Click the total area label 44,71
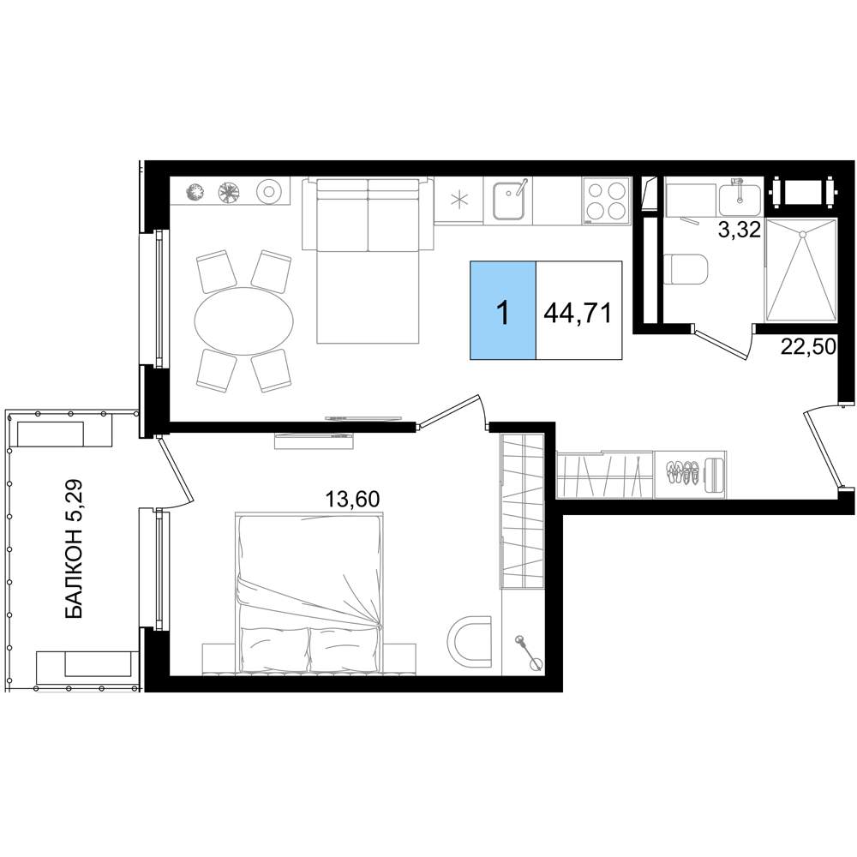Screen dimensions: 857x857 pos(578,313)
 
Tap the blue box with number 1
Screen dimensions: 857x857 pos(503,310)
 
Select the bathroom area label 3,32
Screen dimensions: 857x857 pos(740,230)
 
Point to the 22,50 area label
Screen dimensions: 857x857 pos(808,346)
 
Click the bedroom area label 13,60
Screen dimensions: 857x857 pos(352,499)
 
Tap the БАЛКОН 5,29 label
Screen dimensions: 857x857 pos(74,548)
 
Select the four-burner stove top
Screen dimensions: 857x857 pos(606,201)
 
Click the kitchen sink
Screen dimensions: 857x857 pos(509,200)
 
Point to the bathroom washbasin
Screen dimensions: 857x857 pos(739,199)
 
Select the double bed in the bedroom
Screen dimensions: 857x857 pos(310,592)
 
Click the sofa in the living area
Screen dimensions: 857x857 pos(369,261)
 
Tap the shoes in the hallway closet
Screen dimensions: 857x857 pos(683,471)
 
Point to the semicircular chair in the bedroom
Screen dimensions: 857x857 pos(469,640)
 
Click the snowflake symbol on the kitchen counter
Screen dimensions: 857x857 pos(459,200)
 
